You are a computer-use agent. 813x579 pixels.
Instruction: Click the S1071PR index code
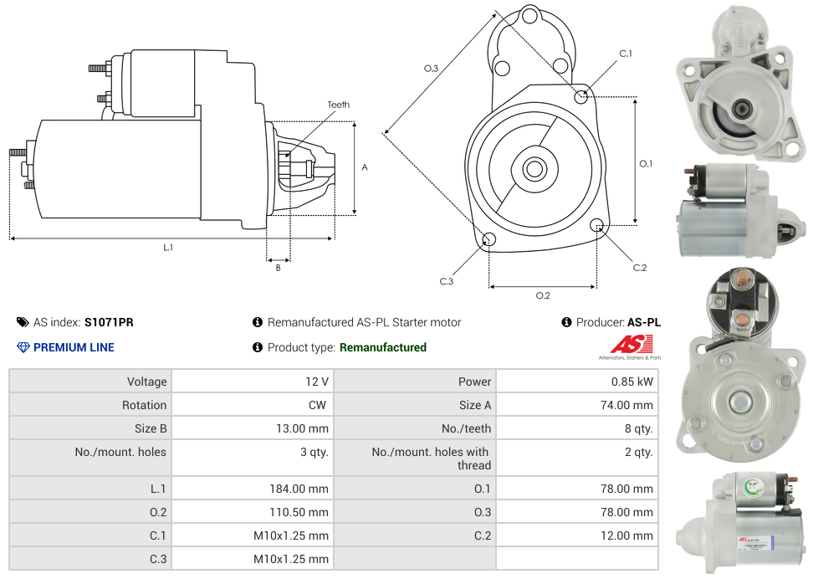(x=109, y=322)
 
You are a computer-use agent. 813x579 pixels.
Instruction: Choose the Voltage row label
(x=146, y=382)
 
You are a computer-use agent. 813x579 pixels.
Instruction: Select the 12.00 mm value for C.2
(x=632, y=535)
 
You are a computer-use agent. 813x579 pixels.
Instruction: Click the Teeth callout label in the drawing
(x=338, y=105)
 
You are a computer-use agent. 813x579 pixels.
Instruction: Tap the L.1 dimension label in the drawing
(x=167, y=247)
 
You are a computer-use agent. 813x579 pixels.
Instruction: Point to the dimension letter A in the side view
(x=365, y=167)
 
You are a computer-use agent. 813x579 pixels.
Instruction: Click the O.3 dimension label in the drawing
(x=431, y=69)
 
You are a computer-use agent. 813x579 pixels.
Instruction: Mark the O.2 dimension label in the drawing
(x=543, y=295)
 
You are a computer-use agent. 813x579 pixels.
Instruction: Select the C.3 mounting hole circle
(x=490, y=241)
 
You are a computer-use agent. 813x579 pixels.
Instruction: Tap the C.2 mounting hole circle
(x=596, y=225)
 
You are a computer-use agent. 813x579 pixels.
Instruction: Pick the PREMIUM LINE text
(x=74, y=347)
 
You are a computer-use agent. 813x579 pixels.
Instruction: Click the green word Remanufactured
(x=383, y=347)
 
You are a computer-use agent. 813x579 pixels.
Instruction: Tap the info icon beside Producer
(x=566, y=322)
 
